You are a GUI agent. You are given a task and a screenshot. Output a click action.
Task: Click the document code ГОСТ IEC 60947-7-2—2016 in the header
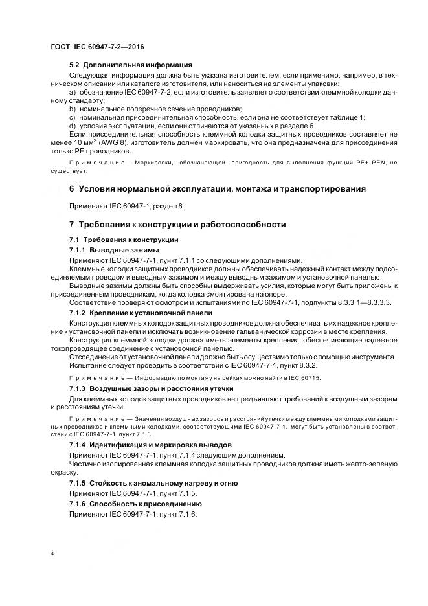(97, 47)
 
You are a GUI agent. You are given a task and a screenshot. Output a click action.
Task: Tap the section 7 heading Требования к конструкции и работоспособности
(177, 224)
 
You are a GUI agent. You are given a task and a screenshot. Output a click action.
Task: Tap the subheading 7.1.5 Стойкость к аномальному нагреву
(153, 483)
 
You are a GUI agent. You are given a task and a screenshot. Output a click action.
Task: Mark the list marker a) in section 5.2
(73, 93)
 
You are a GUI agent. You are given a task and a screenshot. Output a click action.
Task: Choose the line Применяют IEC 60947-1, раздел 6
(127, 206)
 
